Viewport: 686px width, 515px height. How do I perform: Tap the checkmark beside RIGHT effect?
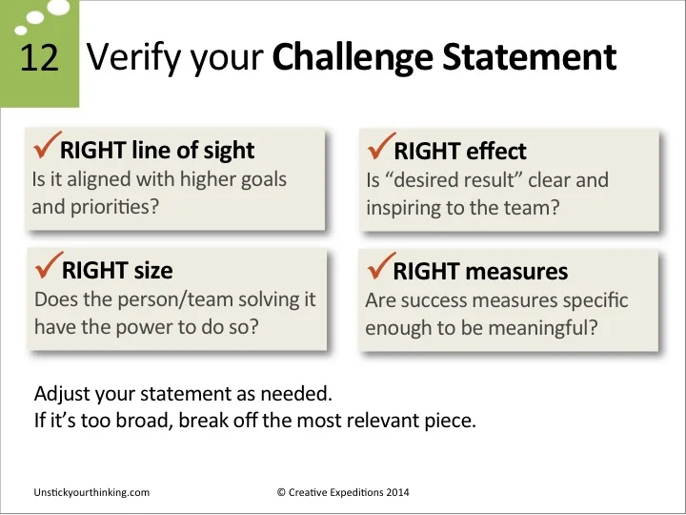pyautogui.click(x=379, y=145)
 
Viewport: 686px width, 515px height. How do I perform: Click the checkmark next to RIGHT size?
pyautogui.click(x=47, y=264)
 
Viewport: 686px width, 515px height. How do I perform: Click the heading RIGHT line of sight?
pyautogui.click(x=157, y=150)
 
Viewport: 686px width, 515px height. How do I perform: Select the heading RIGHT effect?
pyautogui.click(x=459, y=151)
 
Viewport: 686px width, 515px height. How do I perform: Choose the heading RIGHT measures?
pyautogui.click(x=480, y=271)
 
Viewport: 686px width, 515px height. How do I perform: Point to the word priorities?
pyautogui.click(x=112, y=206)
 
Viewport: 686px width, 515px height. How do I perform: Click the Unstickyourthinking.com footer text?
pyautogui.click(x=91, y=492)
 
